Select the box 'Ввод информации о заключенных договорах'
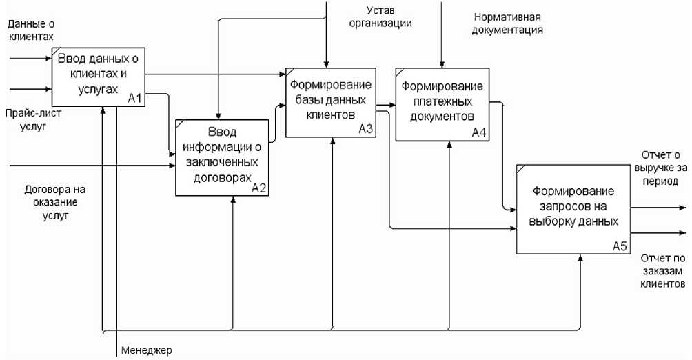pos(222,157)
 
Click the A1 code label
pos(135,99)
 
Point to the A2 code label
pos(259,187)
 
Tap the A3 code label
pos(365,129)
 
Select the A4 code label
pos(479,132)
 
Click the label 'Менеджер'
pos(146,350)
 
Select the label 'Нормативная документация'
pos(508,23)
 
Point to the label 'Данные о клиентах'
pos(30,29)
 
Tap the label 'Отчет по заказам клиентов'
pos(662,270)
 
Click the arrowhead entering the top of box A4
pos(441,64)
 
